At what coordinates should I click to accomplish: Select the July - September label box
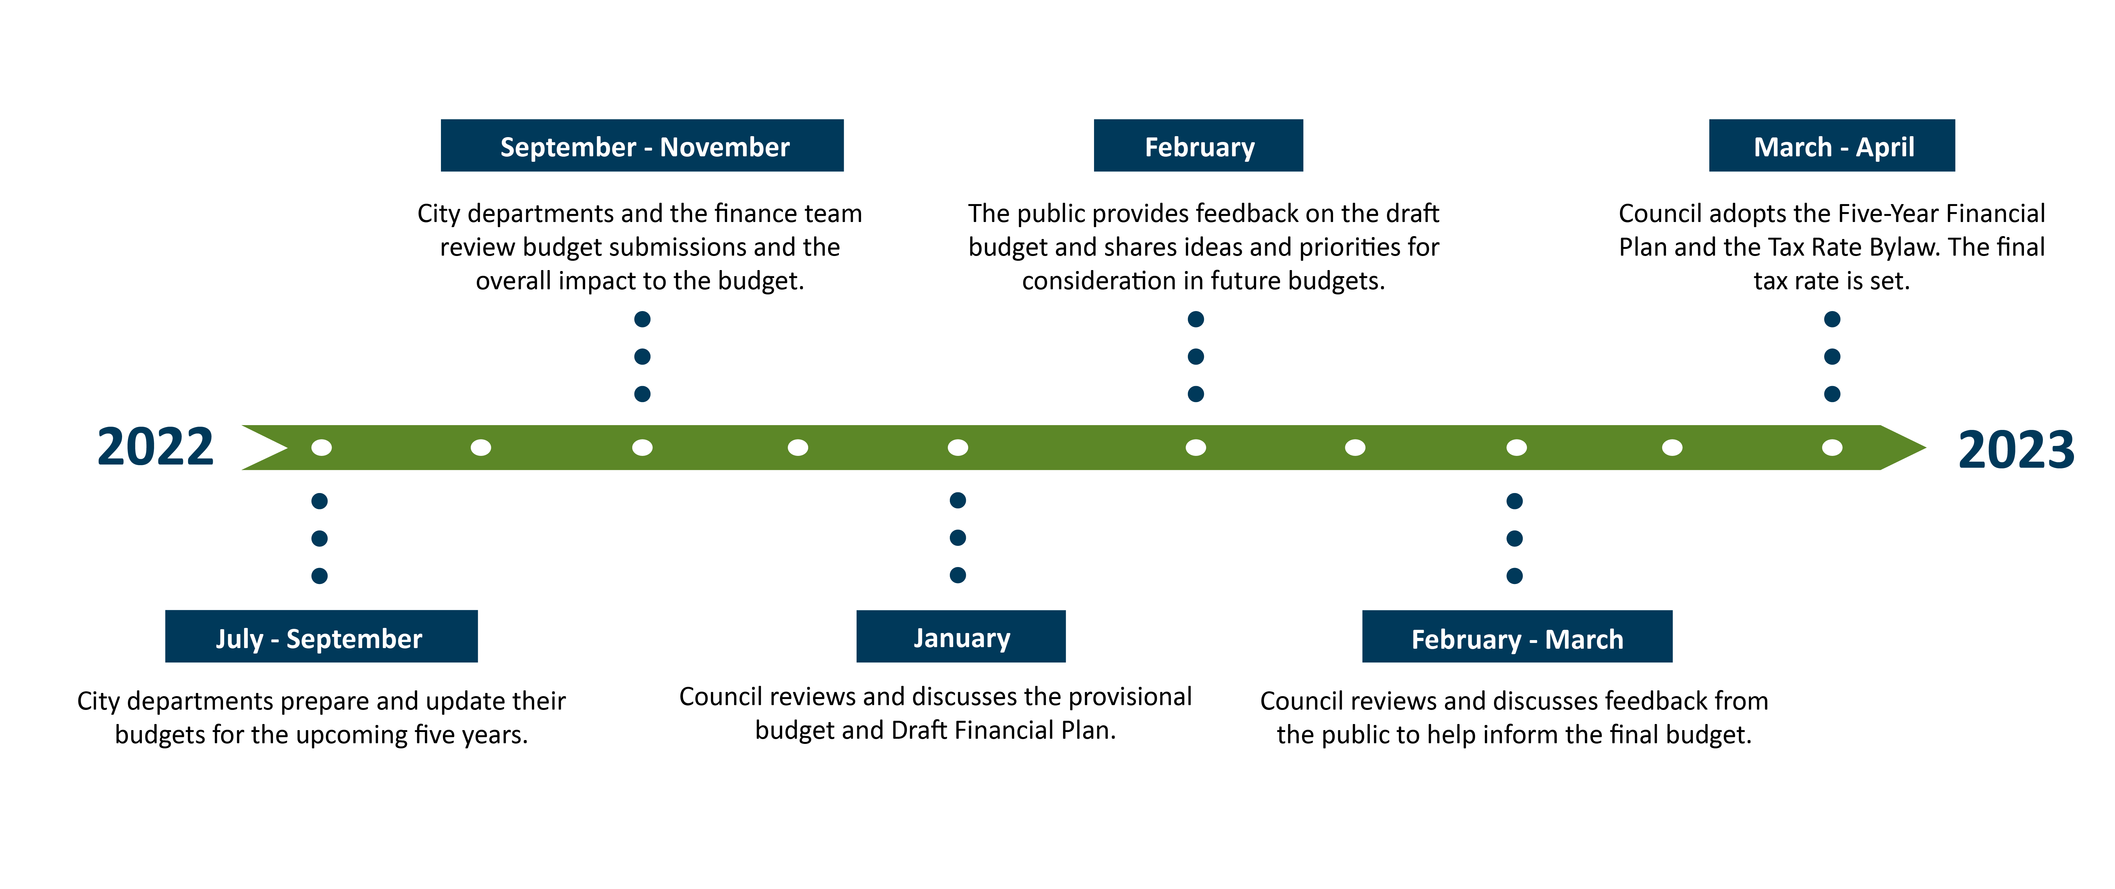[321, 636]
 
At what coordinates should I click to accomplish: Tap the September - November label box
[642, 145]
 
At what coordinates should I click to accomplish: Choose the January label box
[961, 636]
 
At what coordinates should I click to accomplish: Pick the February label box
[1198, 145]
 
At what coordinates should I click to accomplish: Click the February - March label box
[1517, 636]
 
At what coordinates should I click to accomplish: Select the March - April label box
[1832, 145]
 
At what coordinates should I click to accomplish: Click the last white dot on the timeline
[1832, 447]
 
